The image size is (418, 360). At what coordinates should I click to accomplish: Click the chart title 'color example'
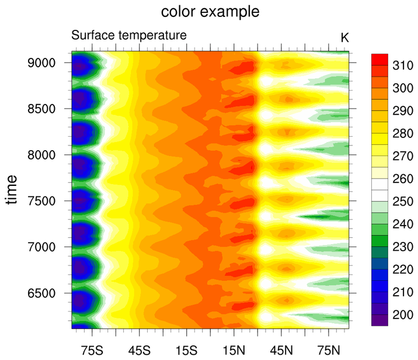click(210, 12)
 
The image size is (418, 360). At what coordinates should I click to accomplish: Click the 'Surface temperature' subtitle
click(129, 36)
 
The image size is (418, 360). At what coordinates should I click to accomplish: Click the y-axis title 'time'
click(12, 192)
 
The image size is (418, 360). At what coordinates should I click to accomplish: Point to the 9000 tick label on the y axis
click(43, 63)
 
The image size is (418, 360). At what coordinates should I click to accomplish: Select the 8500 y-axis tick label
click(43, 109)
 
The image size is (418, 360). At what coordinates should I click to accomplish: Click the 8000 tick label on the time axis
click(43, 155)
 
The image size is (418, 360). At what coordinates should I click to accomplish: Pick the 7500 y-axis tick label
click(43, 201)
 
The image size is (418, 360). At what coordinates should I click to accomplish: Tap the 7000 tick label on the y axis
click(43, 247)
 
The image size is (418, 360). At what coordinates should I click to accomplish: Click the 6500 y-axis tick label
click(43, 293)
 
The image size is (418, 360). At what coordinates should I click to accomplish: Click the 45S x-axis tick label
click(139, 351)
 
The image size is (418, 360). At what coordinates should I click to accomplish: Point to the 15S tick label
click(186, 351)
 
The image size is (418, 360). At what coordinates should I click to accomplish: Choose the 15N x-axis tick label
click(234, 351)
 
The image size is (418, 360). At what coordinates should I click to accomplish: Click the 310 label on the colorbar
click(401, 65)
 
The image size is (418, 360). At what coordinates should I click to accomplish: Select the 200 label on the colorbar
click(401, 315)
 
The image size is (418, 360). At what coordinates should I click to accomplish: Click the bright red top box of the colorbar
click(379, 58)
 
